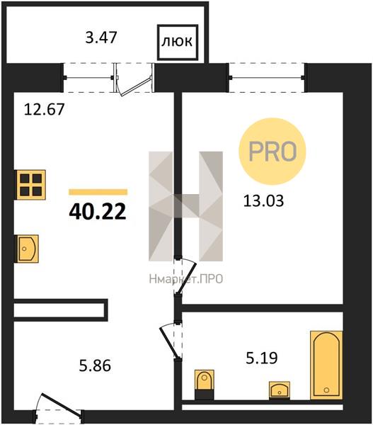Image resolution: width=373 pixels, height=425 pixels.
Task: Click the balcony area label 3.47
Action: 101,38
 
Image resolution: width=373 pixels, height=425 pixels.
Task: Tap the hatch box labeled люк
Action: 178,42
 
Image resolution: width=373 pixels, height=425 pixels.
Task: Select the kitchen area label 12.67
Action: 44,110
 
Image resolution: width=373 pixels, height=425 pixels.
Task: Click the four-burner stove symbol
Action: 30,185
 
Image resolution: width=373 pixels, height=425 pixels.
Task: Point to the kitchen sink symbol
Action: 27,249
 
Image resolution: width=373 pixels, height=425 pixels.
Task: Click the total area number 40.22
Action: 98,212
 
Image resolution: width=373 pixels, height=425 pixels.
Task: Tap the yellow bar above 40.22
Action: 98,192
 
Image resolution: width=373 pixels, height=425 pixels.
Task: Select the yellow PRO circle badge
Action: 272,152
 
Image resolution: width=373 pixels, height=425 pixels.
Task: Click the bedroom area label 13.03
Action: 263,201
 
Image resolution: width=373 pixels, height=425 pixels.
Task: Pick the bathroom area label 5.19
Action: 262,358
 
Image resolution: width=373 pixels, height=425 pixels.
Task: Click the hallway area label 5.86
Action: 95,365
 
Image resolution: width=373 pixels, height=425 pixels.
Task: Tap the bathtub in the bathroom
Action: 326,365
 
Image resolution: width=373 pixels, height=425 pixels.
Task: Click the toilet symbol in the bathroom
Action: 205,385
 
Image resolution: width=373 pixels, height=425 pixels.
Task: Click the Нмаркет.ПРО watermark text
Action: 186,279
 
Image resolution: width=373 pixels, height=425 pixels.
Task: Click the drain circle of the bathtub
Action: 326,390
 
